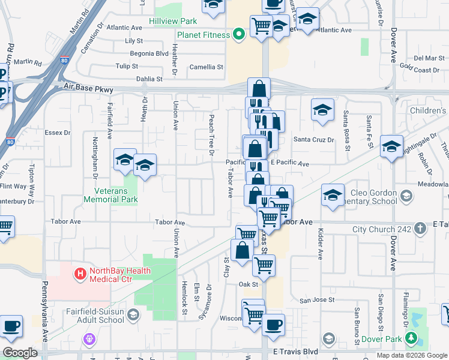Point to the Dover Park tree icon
click(x=411, y=339)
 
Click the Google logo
click(x=20, y=353)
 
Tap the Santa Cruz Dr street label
click(x=313, y=139)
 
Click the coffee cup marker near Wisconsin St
click(x=274, y=325)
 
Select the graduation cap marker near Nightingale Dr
click(x=391, y=146)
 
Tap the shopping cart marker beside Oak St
click(x=264, y=264)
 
